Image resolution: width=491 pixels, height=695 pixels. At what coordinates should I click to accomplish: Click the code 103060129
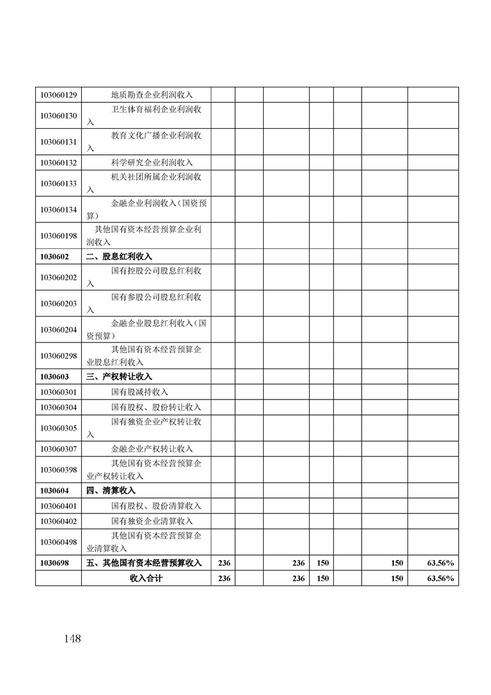(58, 95)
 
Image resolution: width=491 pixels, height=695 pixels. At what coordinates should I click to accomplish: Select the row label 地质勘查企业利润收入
(152, 95)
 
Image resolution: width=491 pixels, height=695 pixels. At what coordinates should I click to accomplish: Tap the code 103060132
(58, 162)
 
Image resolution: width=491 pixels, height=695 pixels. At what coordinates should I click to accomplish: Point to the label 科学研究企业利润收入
(152, 162)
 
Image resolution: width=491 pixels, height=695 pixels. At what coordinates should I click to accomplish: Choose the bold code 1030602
(54, 256)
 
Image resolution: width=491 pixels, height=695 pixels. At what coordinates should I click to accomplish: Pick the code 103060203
(58, 304)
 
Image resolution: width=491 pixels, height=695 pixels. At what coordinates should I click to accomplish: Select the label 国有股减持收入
(139, 392)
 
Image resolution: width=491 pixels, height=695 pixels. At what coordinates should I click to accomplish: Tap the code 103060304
(58, 407)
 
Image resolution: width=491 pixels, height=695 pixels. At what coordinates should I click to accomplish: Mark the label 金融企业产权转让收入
(152, 448)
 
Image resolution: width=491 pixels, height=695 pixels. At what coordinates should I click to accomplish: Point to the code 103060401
(58, 506)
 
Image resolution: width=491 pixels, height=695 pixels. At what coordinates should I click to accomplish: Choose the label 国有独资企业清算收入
(152, 522)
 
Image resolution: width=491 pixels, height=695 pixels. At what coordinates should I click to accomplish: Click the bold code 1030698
(54, 563)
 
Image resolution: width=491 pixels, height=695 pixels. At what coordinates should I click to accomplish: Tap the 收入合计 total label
(146, 579)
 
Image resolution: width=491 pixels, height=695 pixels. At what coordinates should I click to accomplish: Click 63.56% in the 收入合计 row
(440, 579)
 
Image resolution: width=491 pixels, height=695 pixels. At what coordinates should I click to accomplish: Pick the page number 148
(72, 639)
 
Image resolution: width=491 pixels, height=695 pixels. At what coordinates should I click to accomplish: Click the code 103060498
(58, 542)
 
